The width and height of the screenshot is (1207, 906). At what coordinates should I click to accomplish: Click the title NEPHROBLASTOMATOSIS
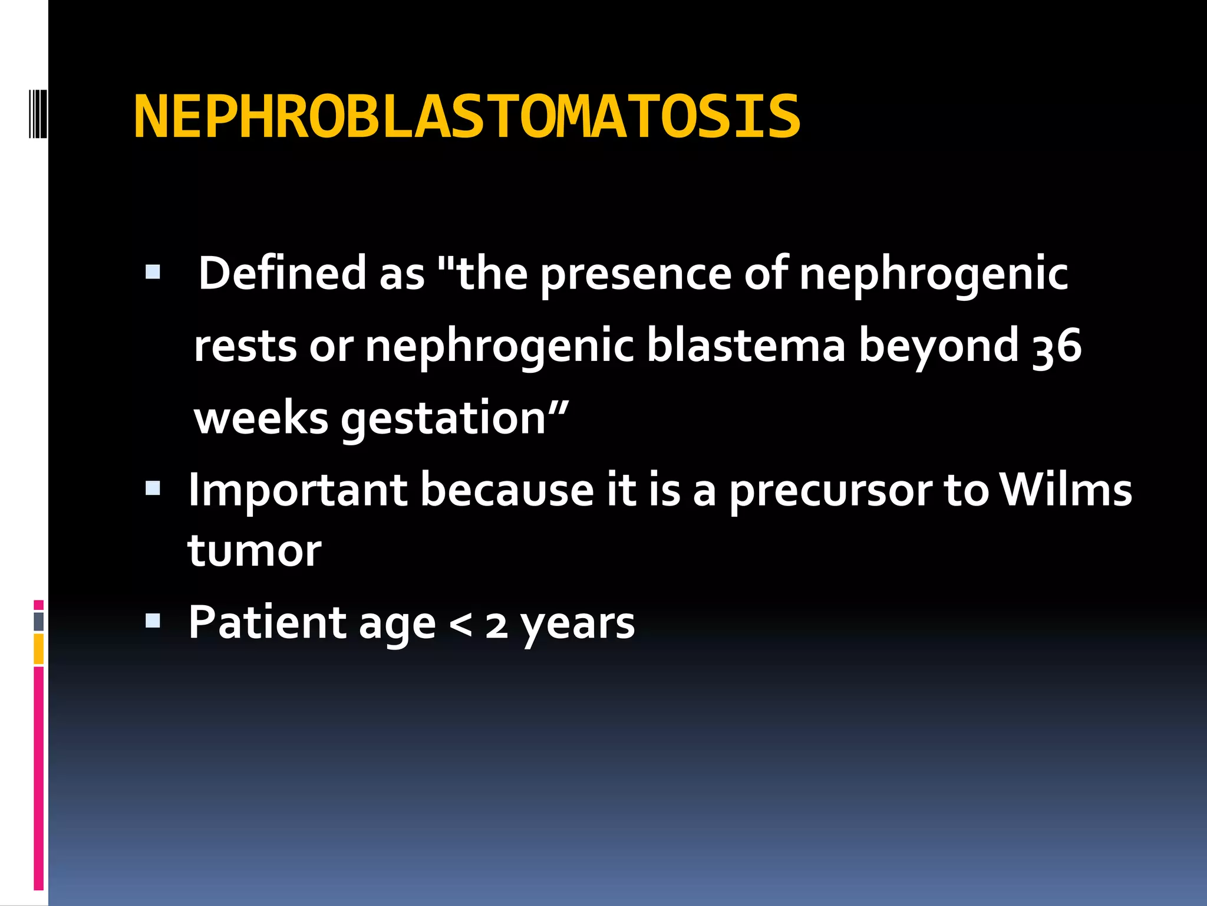coord(467,117)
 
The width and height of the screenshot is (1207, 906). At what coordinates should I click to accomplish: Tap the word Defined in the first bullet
coord(282,273)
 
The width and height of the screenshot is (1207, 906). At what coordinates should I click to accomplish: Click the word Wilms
coord(1066,490)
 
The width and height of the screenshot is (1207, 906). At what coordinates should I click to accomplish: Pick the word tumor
coord(255,552)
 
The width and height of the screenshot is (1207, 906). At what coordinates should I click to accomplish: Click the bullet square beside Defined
coord(153,272)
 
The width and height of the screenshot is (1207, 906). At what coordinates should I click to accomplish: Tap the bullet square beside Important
coord(153,488)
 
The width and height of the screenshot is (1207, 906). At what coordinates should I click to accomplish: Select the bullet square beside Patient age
coord(153,621)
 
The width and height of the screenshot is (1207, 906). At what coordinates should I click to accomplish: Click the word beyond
coord(938,347)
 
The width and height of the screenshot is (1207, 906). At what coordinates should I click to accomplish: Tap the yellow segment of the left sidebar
coord(39,649)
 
